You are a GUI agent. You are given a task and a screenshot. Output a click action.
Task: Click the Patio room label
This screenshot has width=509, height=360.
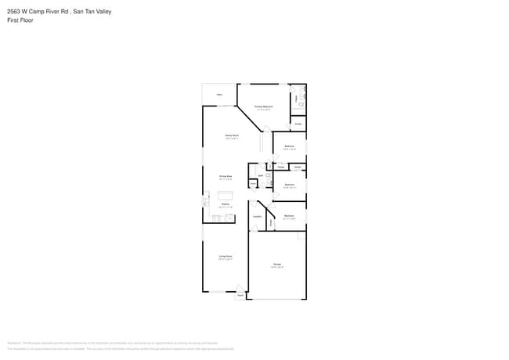(219, 94)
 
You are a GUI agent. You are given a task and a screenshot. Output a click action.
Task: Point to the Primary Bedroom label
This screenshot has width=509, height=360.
(263, 106)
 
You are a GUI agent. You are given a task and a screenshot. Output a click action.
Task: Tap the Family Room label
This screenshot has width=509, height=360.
(232, 135)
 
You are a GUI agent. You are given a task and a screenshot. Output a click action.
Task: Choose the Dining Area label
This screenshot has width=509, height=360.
(226, 176)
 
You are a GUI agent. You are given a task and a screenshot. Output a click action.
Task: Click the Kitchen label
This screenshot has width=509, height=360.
(225, 203)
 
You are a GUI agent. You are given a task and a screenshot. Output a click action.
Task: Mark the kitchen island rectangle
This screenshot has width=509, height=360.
(226, 195)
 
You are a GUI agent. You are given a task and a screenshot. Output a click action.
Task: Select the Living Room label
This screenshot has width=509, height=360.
(225, 256)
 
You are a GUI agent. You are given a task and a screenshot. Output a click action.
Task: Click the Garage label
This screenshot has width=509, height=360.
(277, 265)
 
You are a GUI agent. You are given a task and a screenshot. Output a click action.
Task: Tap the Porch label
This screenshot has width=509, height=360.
(240, 295)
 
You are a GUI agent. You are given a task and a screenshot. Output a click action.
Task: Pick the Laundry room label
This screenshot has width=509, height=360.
(257, 216)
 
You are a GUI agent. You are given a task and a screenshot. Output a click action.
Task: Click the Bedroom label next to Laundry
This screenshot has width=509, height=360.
(289, 215)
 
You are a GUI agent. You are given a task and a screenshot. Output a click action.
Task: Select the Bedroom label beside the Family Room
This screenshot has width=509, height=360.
(289, 146)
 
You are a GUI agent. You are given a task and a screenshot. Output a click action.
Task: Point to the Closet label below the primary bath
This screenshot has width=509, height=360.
(298, 124)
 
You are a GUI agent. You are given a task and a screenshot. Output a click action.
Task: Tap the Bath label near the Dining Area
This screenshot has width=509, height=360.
(261, 175)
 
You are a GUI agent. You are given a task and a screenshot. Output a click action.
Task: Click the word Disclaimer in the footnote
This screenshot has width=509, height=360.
(13, 343)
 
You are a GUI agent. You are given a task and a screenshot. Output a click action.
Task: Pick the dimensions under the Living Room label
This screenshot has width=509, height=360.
(225, 259)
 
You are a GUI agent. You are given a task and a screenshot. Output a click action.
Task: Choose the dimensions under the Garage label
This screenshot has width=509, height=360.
(277, 268)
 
